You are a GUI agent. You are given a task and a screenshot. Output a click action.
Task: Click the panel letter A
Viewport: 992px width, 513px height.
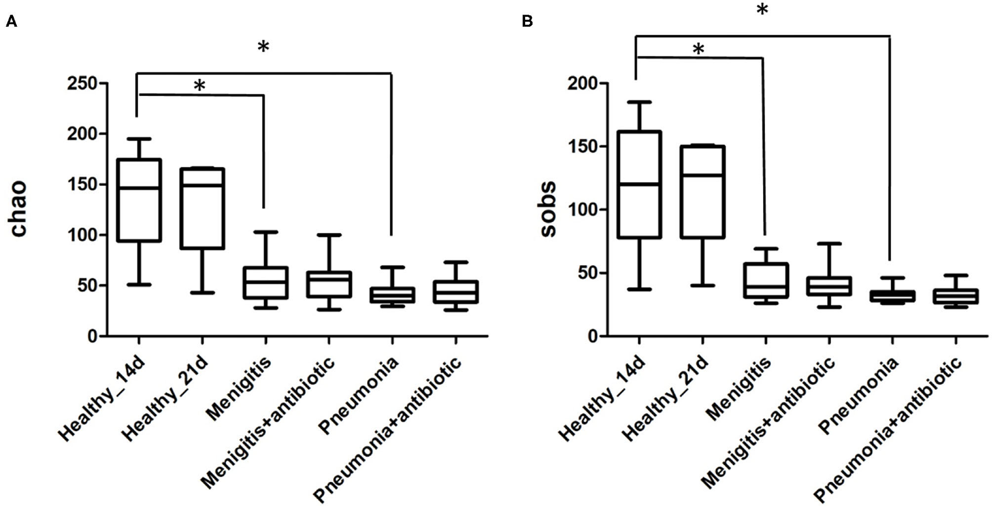(x=11, y=22)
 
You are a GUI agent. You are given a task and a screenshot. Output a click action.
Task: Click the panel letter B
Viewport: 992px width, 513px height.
(x=527, y=22)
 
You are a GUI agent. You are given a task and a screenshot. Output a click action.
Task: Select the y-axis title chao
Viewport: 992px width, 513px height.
(x=18, y=209)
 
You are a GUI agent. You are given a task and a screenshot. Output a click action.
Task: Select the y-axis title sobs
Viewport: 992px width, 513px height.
(x=548, y=209)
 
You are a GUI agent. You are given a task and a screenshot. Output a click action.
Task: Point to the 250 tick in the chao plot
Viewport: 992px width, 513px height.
(x=83, y=83)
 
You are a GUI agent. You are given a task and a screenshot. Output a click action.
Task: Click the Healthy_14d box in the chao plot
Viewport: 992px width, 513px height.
(x=138, y=200)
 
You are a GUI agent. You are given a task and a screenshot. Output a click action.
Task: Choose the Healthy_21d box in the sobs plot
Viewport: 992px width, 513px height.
(x=703, y=192)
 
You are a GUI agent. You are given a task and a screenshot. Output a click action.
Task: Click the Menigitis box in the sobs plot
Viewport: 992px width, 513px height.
(x=766, y=280)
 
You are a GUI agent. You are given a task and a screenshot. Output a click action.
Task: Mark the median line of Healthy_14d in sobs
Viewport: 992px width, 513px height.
(x=639, y=184)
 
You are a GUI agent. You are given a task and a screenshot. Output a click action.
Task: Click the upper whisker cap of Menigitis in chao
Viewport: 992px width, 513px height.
(x=265, y=231)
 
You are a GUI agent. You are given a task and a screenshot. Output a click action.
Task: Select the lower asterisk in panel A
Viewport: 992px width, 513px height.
(x=200, y=86)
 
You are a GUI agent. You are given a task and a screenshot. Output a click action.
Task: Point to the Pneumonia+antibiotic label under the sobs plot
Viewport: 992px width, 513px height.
(x=895, y=428)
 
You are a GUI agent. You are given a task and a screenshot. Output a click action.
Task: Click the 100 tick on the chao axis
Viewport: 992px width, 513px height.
(x=83, y=235)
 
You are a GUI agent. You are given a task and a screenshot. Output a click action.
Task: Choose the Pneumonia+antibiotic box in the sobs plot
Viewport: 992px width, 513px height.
(x=956, y=296)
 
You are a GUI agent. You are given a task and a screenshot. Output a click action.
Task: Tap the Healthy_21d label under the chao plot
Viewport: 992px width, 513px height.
(x=166, y=398)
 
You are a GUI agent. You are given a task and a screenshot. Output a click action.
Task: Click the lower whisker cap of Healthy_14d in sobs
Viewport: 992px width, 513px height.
(x=639, y=289)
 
